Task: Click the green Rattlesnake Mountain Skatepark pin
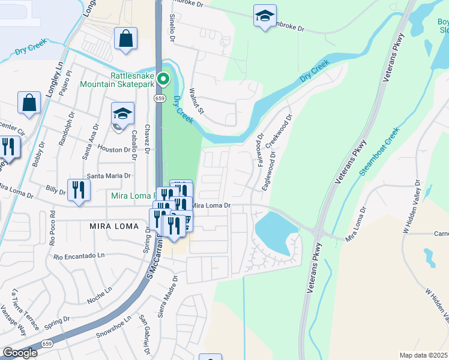(162, 79)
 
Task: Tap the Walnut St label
(197, 103)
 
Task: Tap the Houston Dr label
(114, 149)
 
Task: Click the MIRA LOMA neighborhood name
(113, 227)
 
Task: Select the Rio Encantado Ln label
(79, 256)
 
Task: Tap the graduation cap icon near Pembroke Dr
(265, 17)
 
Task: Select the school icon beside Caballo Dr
(122, 115)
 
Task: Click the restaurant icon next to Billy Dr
(79, 190)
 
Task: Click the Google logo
(20, 353)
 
